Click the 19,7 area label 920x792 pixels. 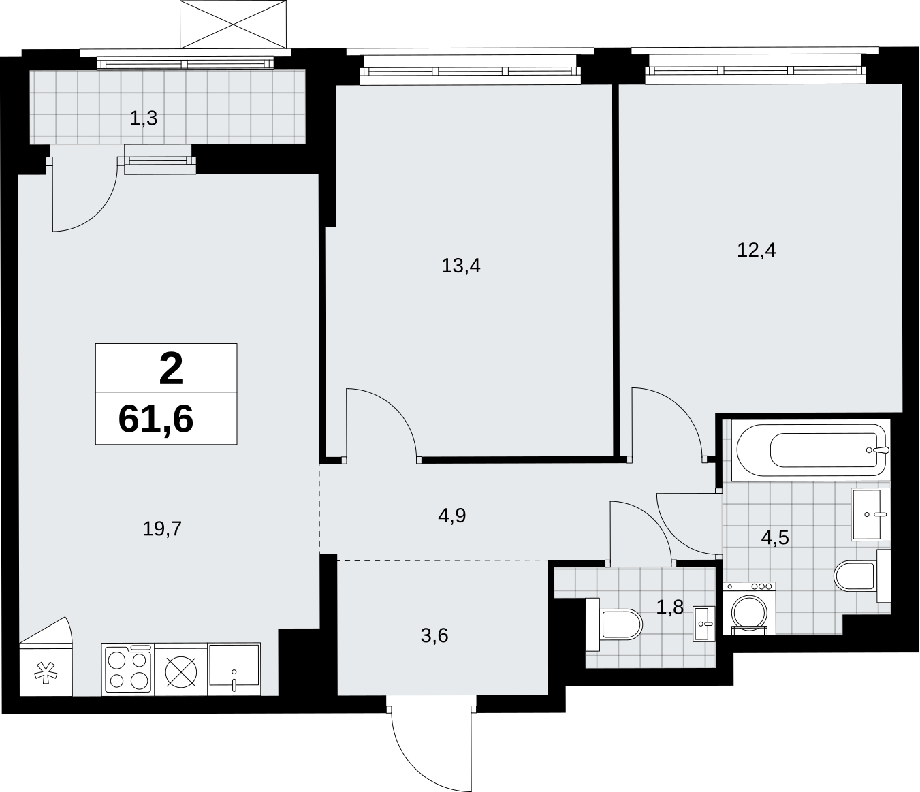(162, 529)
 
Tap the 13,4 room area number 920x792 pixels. (460, 266)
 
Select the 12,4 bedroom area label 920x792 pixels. (756, 250)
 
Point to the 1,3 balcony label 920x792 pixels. (143, 118)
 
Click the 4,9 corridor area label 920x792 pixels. (451, 516)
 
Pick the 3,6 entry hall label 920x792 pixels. (434, 636)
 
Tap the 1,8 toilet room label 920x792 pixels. (670, 607)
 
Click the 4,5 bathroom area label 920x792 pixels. (775, 538)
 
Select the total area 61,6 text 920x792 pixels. (156, 419)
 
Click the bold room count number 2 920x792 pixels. (171, 368)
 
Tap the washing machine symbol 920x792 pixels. (750, 608)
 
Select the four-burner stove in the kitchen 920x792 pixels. (128, 669)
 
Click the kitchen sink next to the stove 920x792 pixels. (234, 669)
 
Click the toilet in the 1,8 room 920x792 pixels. (614, 624)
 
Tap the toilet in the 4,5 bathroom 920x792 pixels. (863, 575)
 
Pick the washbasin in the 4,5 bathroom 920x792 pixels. (871, 514)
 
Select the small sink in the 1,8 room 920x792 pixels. (703, 624)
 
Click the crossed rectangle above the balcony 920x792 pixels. (233, 24)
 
